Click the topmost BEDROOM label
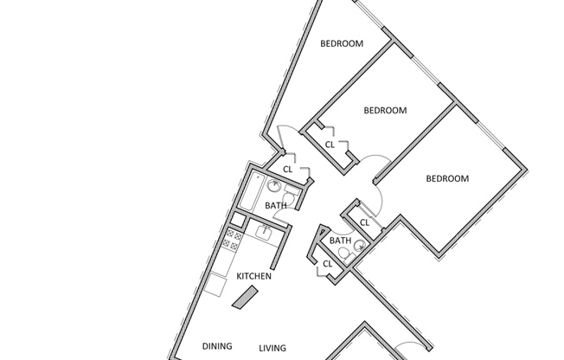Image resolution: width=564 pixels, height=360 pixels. coord(342,43)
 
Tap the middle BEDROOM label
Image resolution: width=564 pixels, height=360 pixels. coord(385,110)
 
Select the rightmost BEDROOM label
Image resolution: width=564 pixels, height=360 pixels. coord(447,178)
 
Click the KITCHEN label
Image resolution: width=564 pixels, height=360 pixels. coord(254,276)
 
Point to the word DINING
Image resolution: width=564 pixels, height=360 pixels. coord(217,346)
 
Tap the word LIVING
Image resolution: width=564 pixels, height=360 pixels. coord(272,348)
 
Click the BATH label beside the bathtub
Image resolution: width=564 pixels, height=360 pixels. coord(276,206)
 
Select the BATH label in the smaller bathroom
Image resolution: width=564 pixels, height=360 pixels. coord(340,241)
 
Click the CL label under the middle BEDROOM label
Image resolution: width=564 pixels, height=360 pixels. coord(330,145)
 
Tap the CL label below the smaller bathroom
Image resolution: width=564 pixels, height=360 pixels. coord(327,263)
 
